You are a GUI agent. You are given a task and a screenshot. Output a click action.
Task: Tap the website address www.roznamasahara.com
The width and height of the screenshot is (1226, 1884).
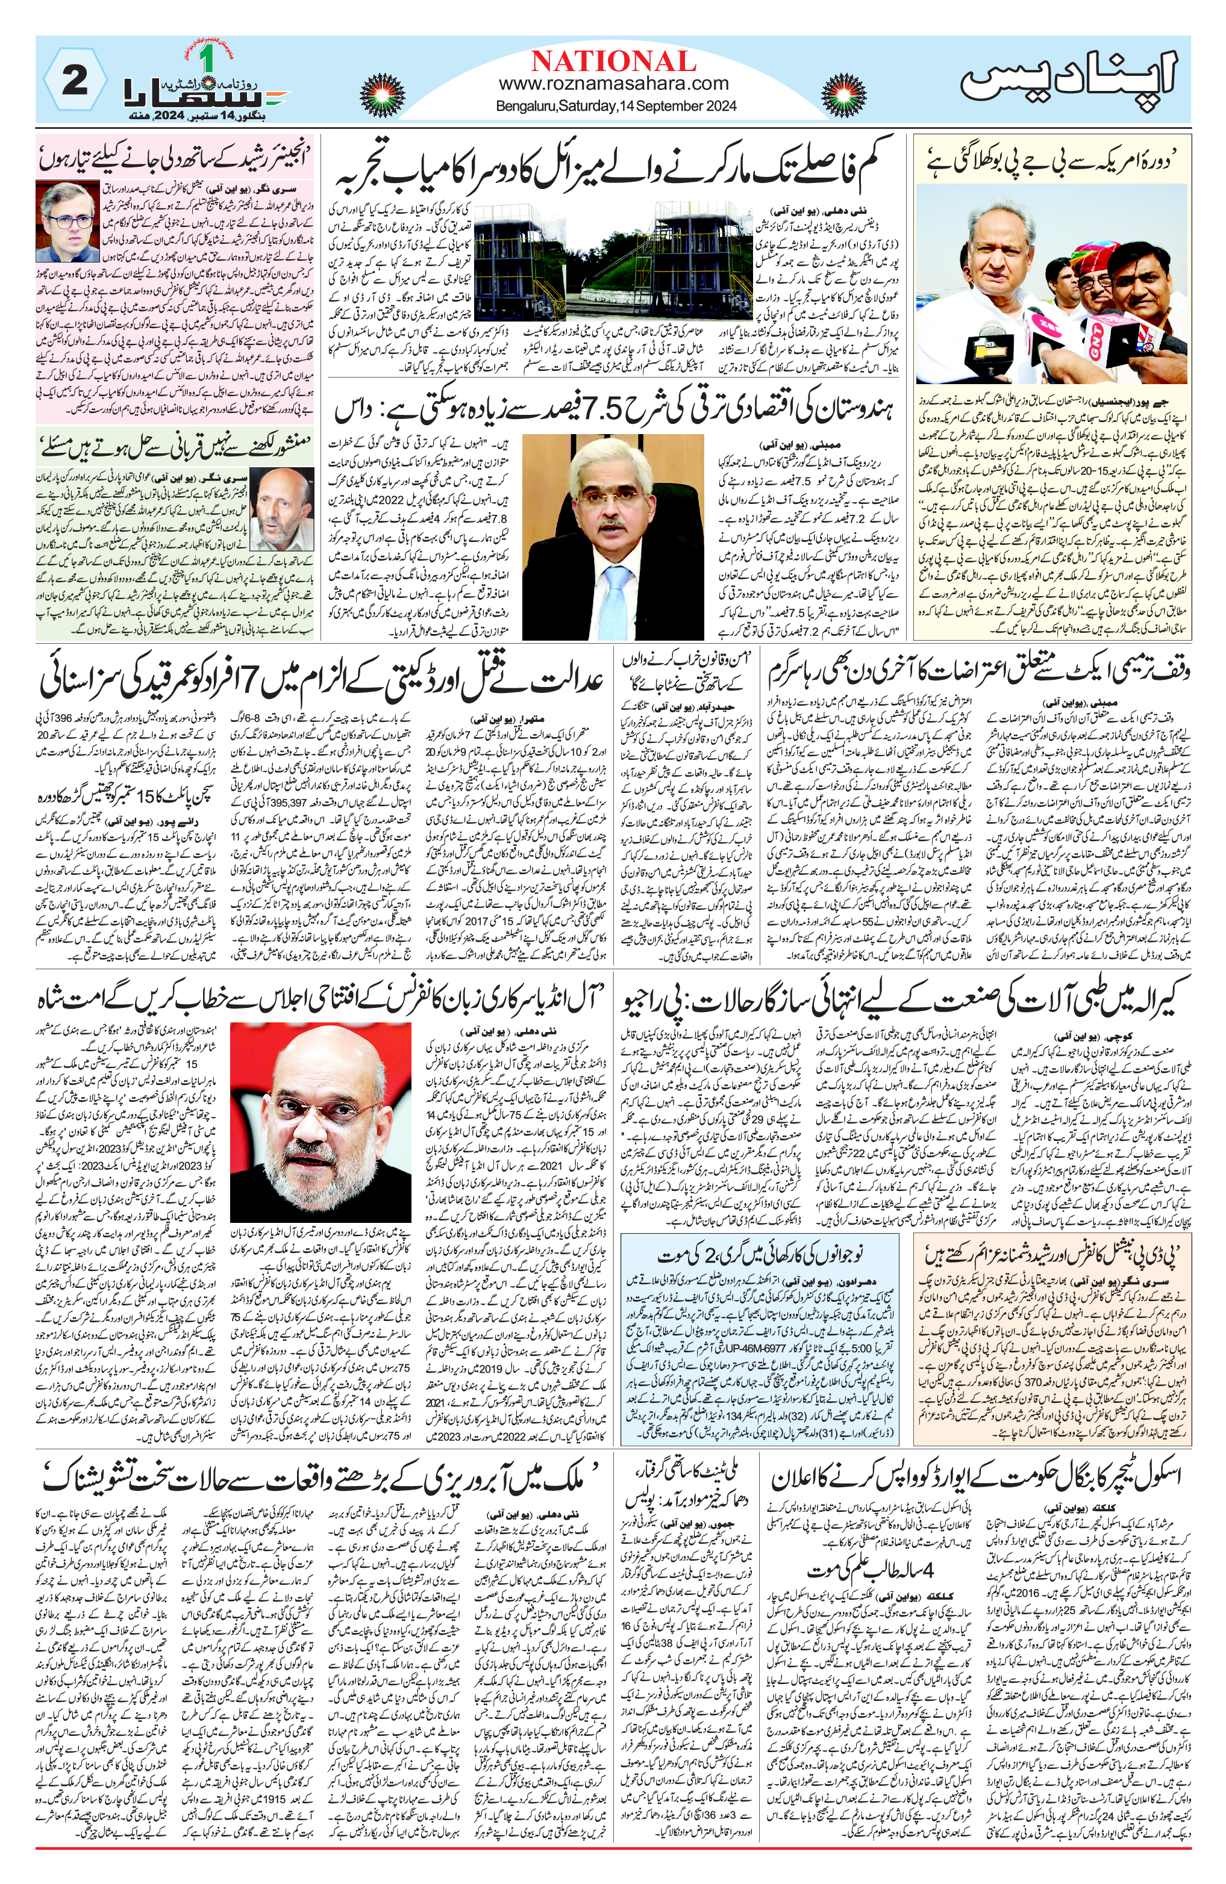pyautogui.click(x=613, y=83)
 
